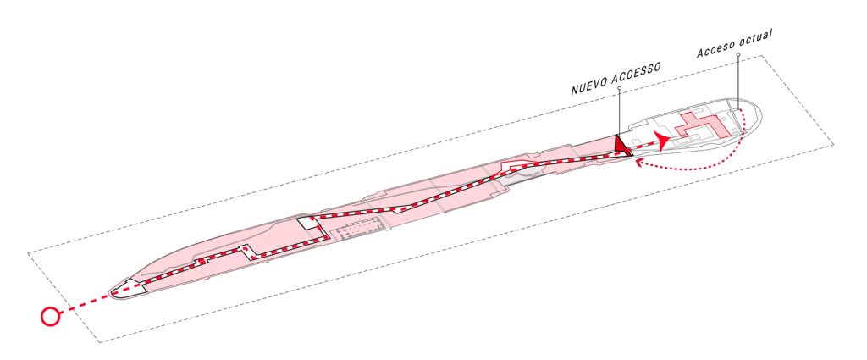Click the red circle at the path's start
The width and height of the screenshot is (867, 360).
(x=50, y=316)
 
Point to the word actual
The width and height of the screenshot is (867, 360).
(x=757, y=39)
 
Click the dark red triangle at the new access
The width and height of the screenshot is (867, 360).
(x=622, y=145)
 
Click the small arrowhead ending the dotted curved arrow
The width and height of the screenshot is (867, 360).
(x=640, y=162)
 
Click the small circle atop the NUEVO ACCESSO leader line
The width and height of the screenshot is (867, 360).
(x=619, y=88)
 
